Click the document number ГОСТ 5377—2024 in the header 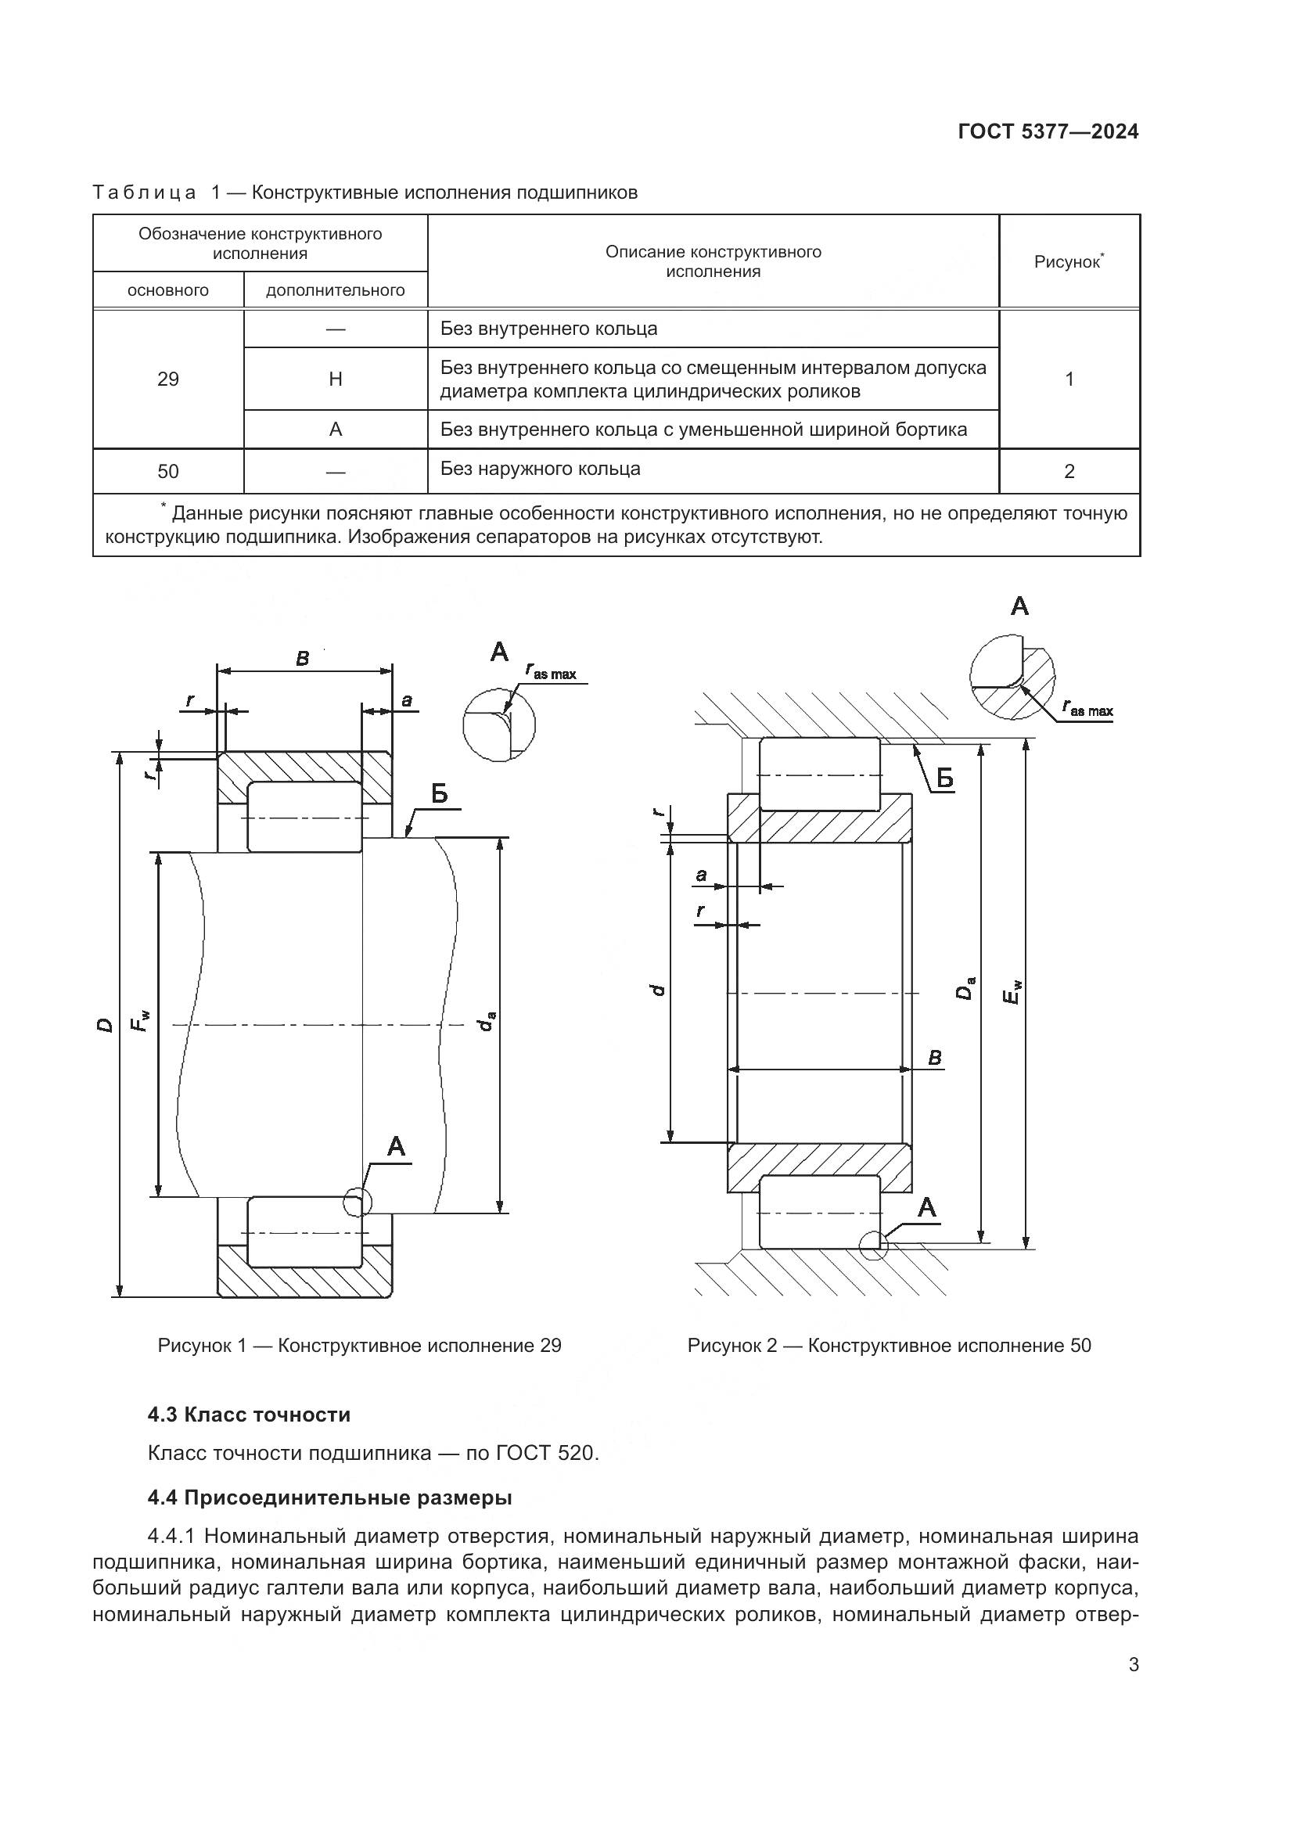click(x=1048, y=131)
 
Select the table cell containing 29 click(x=168, y=379)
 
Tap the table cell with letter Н click(x=336, y=379)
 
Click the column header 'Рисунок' click(x=1068, y=261)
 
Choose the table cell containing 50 click(x=168, y=472)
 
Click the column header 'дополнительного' click(x=336, y=290)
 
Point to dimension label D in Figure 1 click(x=104, y=1024)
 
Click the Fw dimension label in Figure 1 click(x=141, y=1021)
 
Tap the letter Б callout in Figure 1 click(x=439, y=794)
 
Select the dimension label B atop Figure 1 click(x=303, y=659)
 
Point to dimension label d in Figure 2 click(x=657, y=990)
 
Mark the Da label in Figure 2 click(x=965, y=988)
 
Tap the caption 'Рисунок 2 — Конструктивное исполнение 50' click(x=890, y=1346)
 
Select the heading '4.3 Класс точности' click(x=249, y=1415)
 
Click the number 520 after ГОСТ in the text click(x=576, y=1453)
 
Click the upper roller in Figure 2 click(x=820, y=774)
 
